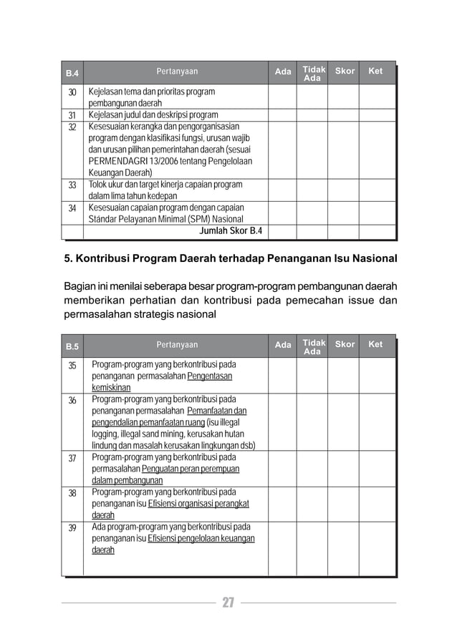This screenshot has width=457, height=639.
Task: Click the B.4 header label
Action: coord(72,74)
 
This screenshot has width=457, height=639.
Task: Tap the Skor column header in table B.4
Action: coord(345,72)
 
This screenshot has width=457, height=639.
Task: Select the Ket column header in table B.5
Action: coord(375,345)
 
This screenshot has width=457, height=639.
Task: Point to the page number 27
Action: coord(228,603)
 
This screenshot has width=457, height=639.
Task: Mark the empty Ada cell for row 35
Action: coord(283,376)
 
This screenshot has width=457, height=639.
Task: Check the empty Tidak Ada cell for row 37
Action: coord(312,469)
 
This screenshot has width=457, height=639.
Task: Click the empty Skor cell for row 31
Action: coord(345,114)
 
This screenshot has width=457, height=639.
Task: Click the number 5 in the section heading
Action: coord(68,258)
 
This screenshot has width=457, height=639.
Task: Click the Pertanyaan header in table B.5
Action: coord(177,345)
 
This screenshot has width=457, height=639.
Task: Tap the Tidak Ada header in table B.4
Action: coord(313,74)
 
